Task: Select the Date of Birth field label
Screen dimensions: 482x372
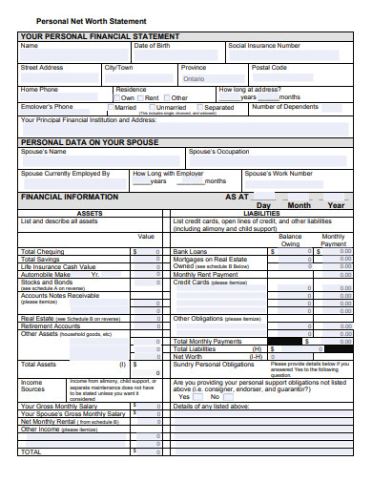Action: point(153,46)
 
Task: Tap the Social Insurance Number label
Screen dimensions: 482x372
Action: point(264,46)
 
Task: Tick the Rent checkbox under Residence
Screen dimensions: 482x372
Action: point(142,97)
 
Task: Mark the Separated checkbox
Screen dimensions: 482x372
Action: point(200,108)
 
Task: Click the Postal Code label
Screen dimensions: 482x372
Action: point(269,68)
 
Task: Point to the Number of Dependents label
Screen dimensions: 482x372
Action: point(285,107)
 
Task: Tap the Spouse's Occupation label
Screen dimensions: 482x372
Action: point(218,152)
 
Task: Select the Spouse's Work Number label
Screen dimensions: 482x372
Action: point(279,174)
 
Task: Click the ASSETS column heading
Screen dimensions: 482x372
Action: point(90,213)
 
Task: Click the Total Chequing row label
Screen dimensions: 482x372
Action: point(42,252)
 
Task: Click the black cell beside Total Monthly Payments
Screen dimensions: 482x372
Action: point(287,342)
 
